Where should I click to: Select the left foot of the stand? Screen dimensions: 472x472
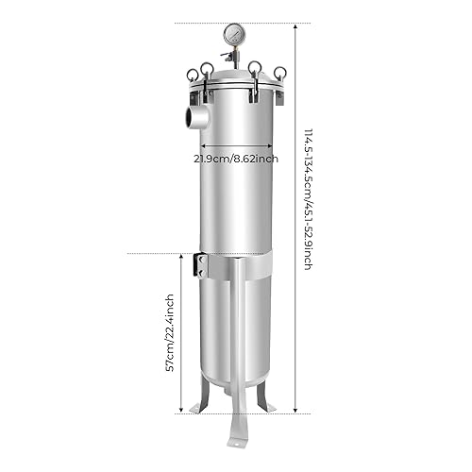click(x=196, y=406)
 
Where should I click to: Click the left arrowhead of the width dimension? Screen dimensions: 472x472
click(x=196, y=146)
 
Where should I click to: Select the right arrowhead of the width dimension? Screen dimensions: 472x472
click(x=274, y=146)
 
